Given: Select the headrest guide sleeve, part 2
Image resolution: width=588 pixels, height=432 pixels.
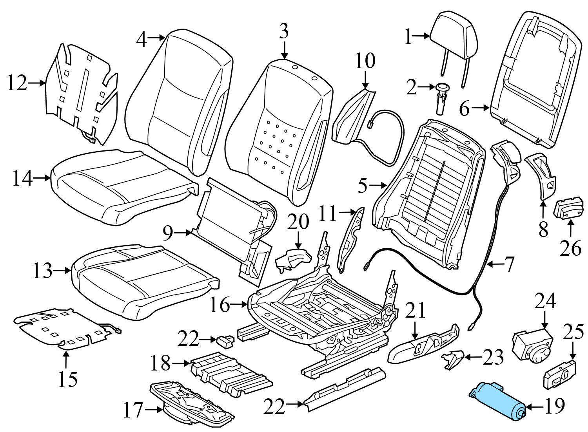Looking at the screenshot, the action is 442,98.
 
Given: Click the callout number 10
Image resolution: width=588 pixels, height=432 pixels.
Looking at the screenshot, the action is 365,61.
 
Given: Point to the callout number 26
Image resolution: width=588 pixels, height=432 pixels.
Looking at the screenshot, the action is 570,248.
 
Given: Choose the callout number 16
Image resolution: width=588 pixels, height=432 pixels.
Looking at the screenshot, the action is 220,305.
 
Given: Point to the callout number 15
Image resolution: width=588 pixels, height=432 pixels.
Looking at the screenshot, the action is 68,379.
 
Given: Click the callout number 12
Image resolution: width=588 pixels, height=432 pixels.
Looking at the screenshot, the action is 17,83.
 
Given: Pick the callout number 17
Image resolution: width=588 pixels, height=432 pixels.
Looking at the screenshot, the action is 133,410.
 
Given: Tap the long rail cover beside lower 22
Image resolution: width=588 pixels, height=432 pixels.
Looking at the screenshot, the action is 345,389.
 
